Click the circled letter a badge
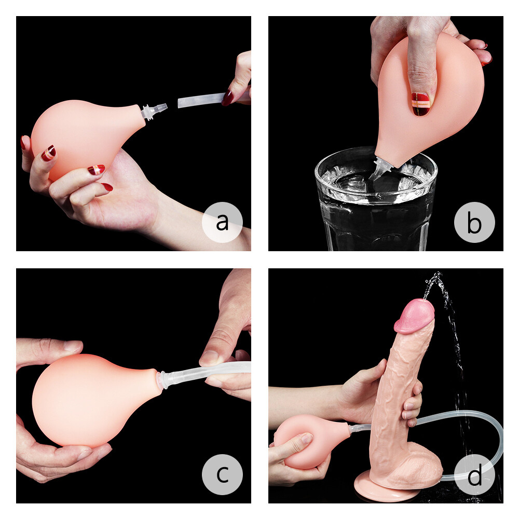click(222, 222)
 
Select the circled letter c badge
click(222, 474)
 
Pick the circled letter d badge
click(474, 474)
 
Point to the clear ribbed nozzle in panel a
click(154, 110)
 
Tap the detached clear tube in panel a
click(200, 100)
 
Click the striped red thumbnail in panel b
click(421, 103)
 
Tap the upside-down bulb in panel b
click(431, 104)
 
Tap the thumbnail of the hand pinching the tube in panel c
click(210, 357)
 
